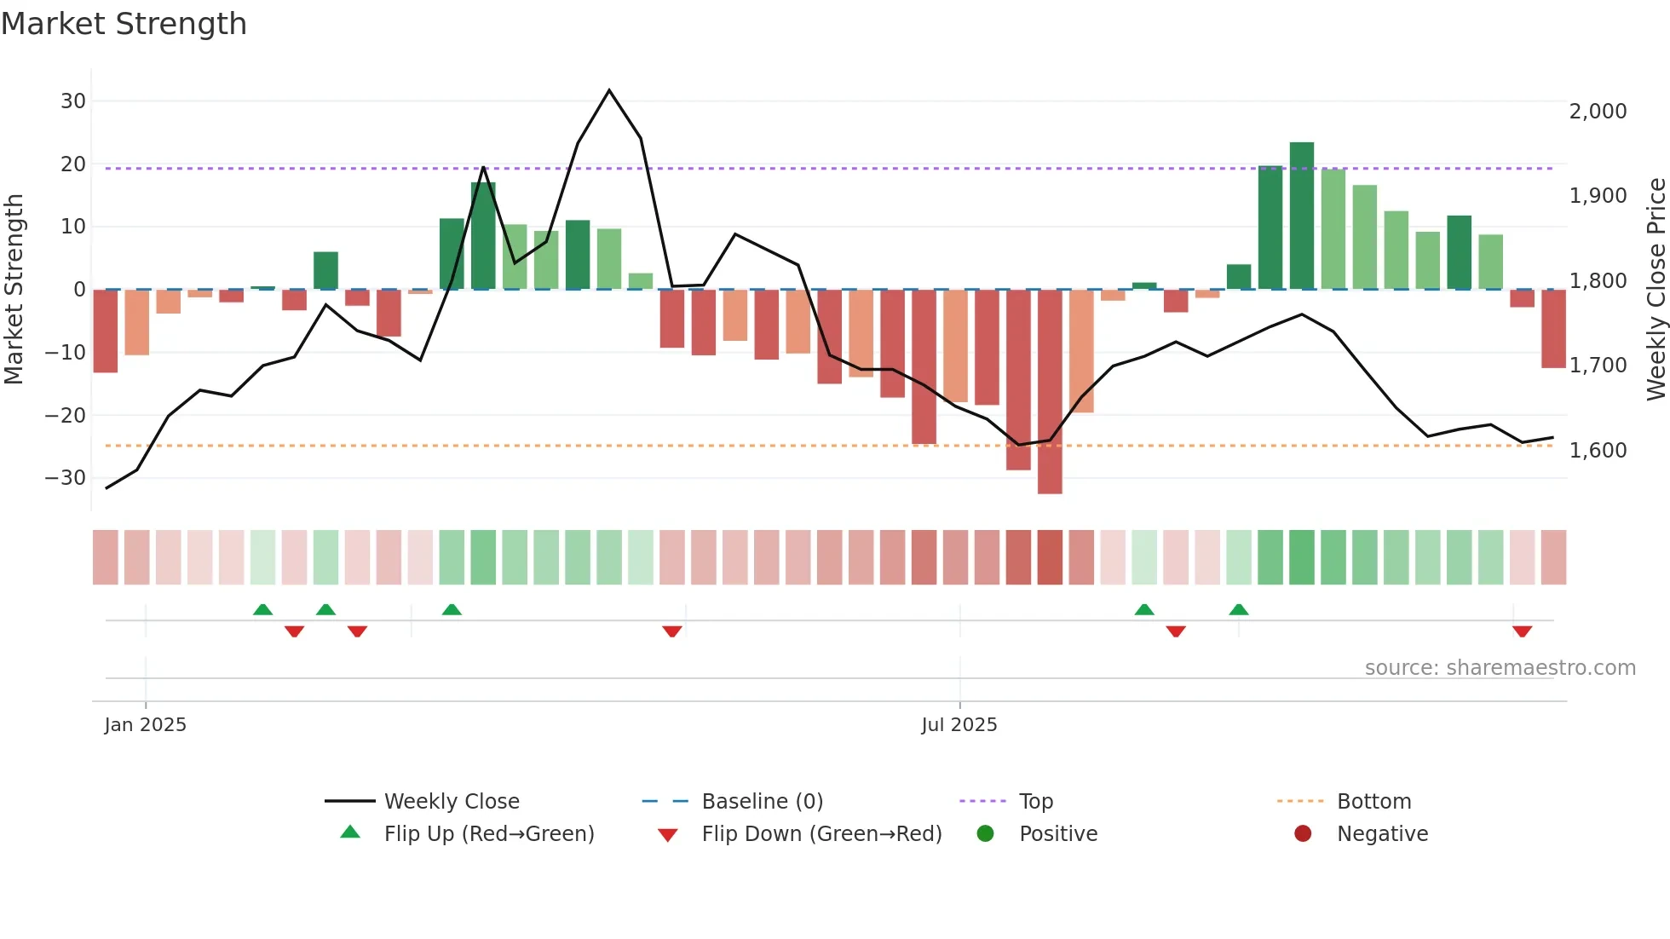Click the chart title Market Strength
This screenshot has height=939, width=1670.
pyautogui.click(x=124, y=24)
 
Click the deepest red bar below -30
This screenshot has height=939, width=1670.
pyautogui.click(x=1050, y=392)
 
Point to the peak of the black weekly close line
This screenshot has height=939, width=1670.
pyautogui.click(x=609, y=90)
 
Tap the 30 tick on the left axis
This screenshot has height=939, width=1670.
pyautogui.click(x=73, y=101)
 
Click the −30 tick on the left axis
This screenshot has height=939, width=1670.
pyautogui.click(x=66, y=478)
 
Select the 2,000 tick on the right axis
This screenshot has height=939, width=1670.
pyautogui.click(x=1598, y=112)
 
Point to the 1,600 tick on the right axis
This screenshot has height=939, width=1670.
pyautogui.click(x=1598, y=451)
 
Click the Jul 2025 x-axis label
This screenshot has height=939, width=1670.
pyautogui.click(x=959, y=725)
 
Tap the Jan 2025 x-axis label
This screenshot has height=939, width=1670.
pyautogui.click(x=145, y=725)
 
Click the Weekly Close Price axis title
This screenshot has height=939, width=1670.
pyautogui.click(x=1656, y=290)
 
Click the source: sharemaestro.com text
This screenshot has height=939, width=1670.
pyautogui.click(x=1500, y=668)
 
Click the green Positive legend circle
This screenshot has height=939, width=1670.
pyautogui.click(x=986, y=834)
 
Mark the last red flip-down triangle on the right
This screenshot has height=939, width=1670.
pyautogui.click(x=1522, y=631)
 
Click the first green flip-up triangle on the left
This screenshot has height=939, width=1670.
pyautogui.click(x=262, y=609)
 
